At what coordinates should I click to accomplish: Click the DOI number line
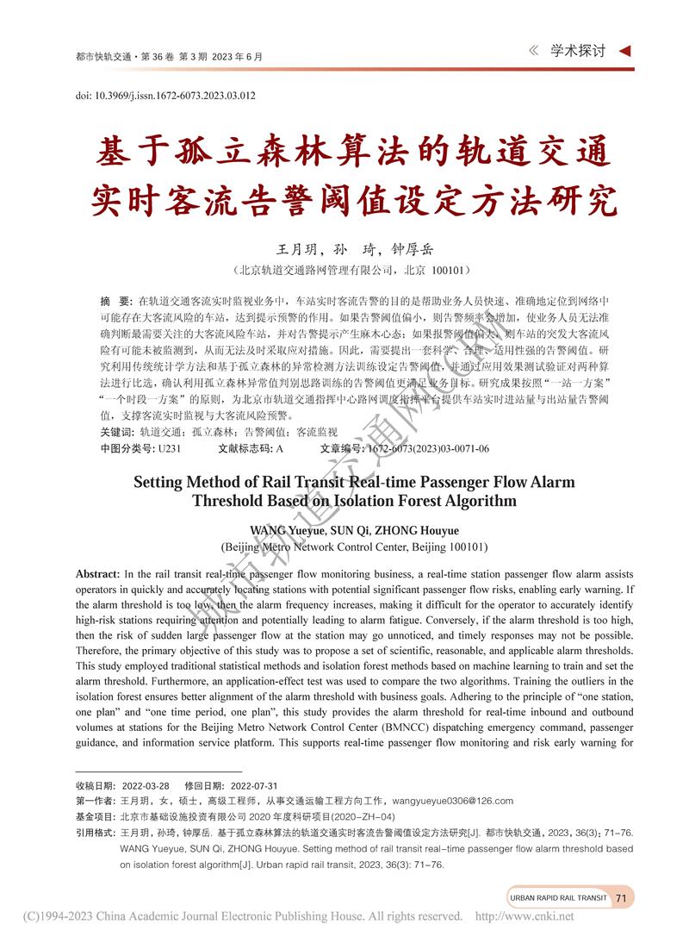pos(165,96)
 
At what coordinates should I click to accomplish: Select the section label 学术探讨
pos(579,51)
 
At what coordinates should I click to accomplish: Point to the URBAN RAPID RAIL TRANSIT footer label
pos(557,897)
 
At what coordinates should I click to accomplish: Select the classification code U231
pos(169,448)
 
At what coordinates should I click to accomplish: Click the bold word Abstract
pos(97,574)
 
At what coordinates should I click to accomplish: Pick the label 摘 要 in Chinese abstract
pos(115,299)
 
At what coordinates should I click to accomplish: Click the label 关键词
pos(117,432)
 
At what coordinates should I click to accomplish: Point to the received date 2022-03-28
pos(146,786)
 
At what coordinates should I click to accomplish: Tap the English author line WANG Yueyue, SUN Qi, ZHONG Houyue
pos(354,529)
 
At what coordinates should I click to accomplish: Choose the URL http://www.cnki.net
pos(525,916)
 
